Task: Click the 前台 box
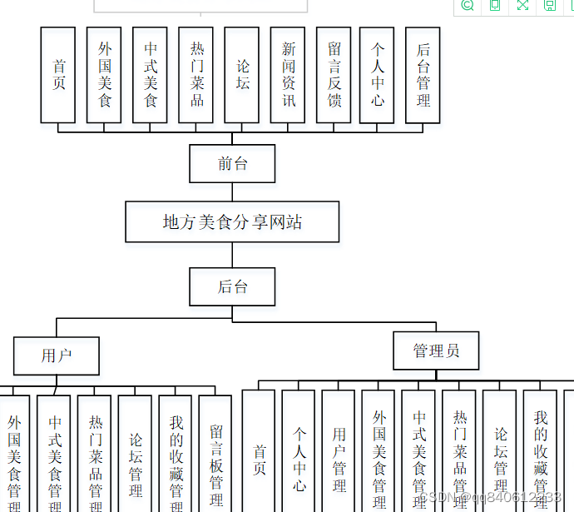232,163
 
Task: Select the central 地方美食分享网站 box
232,221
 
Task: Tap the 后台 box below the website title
232,287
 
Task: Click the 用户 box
57,355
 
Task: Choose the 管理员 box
436,350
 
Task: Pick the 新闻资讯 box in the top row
288,75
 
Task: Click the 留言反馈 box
334,75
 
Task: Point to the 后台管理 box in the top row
423,75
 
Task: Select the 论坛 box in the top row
242,75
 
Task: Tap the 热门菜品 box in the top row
196,75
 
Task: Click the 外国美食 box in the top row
104,75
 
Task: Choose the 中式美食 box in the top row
151,75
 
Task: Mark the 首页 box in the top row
58,75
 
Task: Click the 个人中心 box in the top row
377,75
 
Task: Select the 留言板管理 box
215,454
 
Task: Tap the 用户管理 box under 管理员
339,454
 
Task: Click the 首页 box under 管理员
259,454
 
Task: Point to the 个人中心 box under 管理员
299,454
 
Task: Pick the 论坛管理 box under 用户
135,454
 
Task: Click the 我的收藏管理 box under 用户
176,454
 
